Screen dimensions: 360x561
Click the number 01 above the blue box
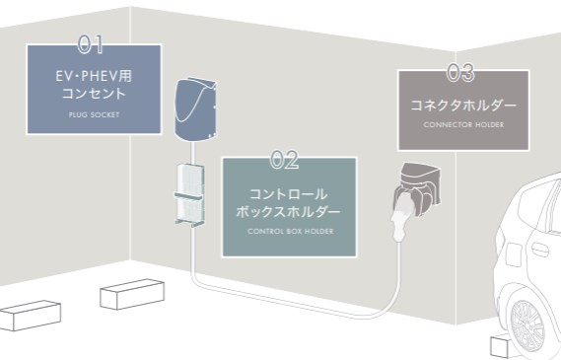coord(91,43)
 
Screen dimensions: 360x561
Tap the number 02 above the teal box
coord(283,156)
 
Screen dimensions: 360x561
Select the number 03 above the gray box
coord(460,71)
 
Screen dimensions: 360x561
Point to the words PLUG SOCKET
coord(92,114)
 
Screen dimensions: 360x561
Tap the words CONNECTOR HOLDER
coord(462,125)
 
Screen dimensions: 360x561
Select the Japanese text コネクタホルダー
coord(462,104)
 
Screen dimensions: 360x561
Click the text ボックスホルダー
coord(288,212)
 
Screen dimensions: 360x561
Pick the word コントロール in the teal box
coord(288,193)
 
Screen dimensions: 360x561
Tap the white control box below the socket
coord(187,195)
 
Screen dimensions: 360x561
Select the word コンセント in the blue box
coord(92,95)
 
